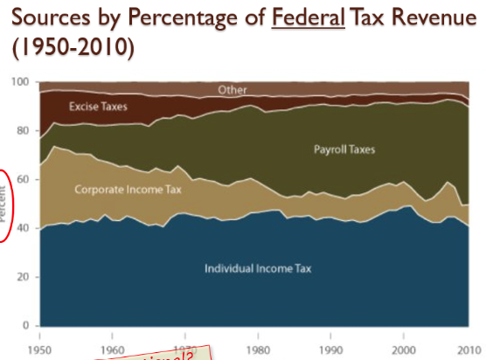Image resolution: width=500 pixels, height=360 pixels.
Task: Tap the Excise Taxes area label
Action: point(99,107)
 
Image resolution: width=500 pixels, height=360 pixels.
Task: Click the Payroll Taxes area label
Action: point(344,150)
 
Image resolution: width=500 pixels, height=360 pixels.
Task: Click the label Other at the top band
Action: point(233,90)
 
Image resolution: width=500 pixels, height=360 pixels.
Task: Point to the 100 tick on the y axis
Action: point(21,82)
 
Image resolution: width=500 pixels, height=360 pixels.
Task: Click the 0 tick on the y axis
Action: point(26,326)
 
